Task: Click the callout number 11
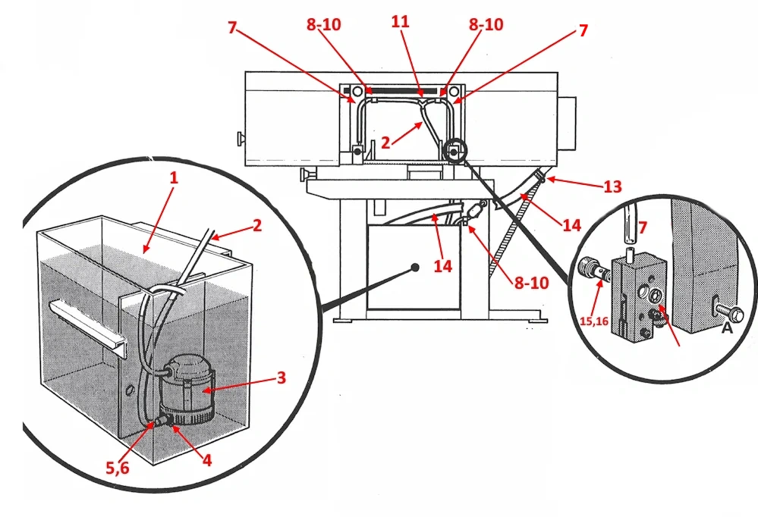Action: coord(400,23)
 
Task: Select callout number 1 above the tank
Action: coord(173,179)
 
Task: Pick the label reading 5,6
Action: coord(118,468)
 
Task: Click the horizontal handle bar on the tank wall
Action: coord(83,318)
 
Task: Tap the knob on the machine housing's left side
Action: coord(239,139)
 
